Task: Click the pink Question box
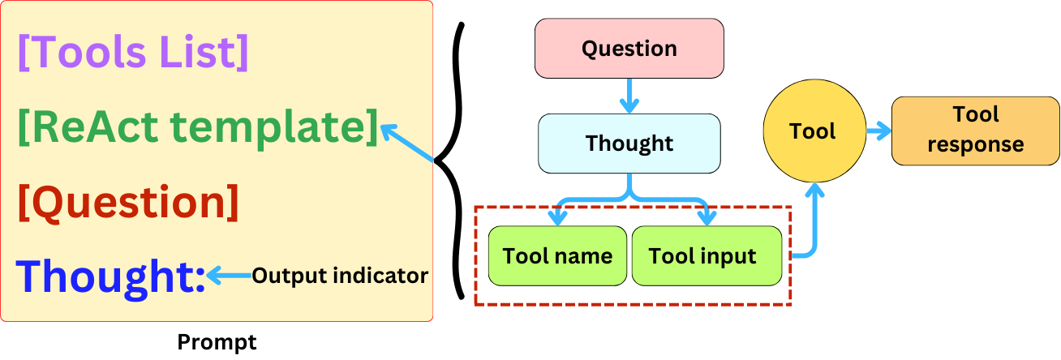pos(629,49)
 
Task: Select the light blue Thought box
pos(629,144)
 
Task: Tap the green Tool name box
pos(557,256)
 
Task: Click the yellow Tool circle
pos(812,131)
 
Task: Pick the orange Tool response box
pos(975,130)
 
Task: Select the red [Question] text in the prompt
pos(128,203)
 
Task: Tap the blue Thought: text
pos(111,276)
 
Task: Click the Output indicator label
pos(339,276)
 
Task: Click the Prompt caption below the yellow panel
pos(217,342)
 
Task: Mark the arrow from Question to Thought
pos(629,96)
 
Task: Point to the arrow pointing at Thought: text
pos(229,276)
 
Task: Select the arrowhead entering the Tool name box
pos(557,216)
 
